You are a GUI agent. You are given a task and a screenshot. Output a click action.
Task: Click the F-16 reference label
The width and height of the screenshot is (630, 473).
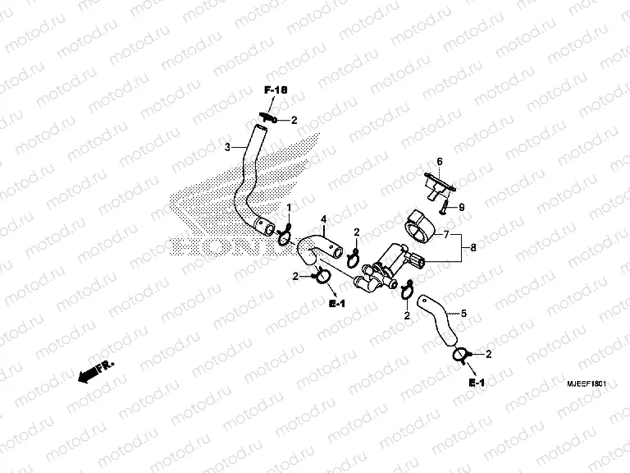[x=276, y=90]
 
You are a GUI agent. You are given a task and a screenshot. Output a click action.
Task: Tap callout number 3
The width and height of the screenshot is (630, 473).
[x=227, y=147]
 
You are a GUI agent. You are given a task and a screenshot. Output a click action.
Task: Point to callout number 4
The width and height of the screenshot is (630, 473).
[x=324, y=219]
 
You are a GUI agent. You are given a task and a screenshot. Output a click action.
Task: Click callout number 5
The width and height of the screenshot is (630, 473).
[x=463, y=313]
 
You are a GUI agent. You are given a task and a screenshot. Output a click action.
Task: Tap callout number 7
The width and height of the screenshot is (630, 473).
[x=446, y=234]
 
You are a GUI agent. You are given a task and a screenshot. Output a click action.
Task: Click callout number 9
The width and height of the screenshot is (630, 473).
[x=462, y=208]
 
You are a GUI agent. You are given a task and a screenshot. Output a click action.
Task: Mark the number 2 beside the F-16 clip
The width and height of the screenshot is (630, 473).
[x=294, y=120]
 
